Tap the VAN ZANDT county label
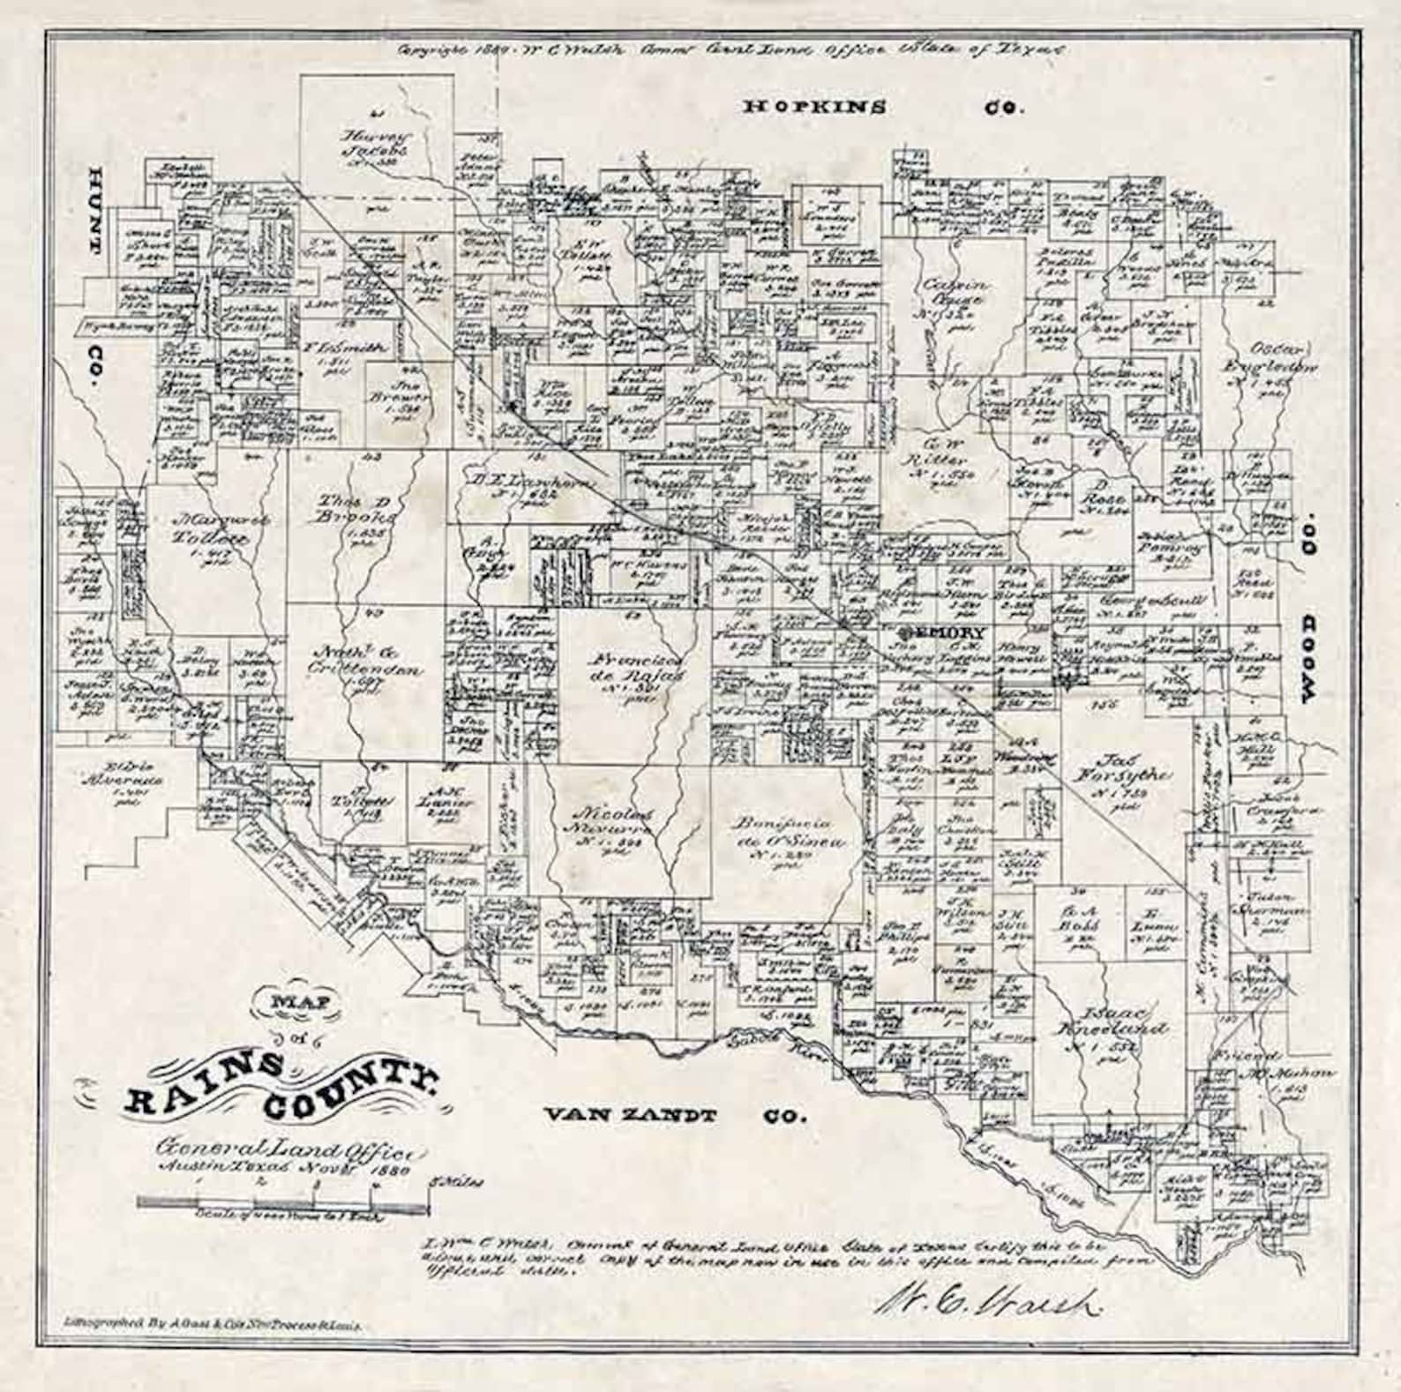pos(629,1115)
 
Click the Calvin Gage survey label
pos(955,293)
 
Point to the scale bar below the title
pos(282,1201)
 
